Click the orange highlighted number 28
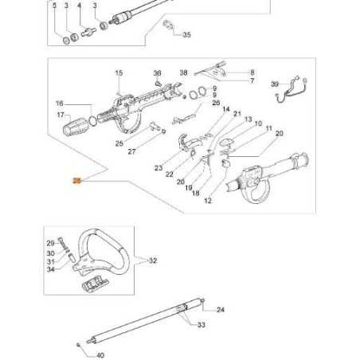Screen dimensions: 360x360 [x=76, y=182]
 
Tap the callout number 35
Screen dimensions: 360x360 [x=187, y=35]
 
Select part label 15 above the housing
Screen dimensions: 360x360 [x=119, y=73]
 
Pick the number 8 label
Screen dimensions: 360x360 [x=252, y=72]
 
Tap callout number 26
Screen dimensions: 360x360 [x=216, y=103]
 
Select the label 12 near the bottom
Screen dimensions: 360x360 [x=208, y=202]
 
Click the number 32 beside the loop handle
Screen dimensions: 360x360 [x=154, y=260]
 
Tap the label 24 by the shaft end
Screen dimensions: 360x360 [x=221, y=309]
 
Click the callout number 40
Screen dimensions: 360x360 [x=100, y=355]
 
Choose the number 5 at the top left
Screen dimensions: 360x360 [x=54, y=6]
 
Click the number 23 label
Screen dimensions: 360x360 [x=158, y=168]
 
